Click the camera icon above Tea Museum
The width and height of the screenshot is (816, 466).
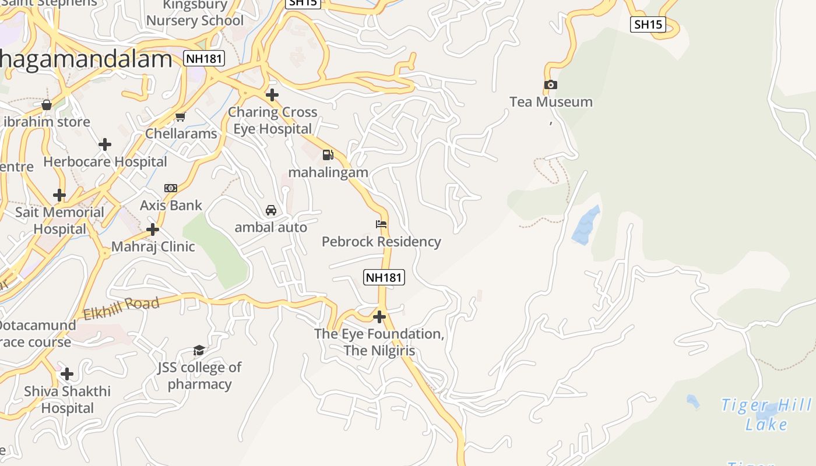click(550, 85)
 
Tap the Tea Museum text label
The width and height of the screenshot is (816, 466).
click(551, 102)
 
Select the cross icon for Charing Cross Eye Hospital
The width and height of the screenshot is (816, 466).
click(272, 94)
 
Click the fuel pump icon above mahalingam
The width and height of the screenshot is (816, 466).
click(328, 155)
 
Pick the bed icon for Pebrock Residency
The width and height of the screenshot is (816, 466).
click(381, 224)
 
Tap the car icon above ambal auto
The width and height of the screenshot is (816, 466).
click(271, 210)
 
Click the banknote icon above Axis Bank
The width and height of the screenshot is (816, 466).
click(171, 188)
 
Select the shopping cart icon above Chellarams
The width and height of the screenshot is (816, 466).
click(181, 116)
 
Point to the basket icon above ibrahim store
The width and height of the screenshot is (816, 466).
click(47, 105)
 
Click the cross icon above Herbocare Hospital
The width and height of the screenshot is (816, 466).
click(105, 144)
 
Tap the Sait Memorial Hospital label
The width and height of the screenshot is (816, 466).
click(59, 220)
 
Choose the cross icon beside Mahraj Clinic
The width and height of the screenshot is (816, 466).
click(153, 230)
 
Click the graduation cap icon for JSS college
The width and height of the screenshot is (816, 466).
click(199, 350)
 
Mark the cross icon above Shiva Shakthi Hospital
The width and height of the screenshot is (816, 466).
click(67, 373)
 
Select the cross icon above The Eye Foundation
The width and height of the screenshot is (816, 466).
click(379, 317)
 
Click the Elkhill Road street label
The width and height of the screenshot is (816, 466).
click(121, 308)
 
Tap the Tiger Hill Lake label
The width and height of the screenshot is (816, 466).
click(766, 414)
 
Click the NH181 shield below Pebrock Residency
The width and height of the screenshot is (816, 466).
click(384, 277)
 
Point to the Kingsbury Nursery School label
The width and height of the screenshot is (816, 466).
click(195, 13)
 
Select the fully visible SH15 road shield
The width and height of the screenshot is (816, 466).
click(648, 24)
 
